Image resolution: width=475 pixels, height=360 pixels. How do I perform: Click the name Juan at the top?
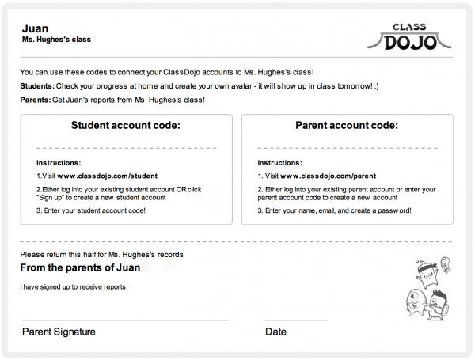(x=36, y=28)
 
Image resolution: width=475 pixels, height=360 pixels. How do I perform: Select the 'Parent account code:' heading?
(x=347, y=125)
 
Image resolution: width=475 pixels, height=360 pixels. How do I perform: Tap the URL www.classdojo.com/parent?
(x=327, y=176)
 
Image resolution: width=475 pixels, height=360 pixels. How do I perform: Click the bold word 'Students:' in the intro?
(x=37, y=85)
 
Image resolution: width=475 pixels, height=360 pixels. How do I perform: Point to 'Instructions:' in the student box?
(x=59, y=163)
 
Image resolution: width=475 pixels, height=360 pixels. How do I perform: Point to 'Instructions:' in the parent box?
(x=279, y=163)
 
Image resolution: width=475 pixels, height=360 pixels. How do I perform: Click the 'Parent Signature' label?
(x=59, y=332)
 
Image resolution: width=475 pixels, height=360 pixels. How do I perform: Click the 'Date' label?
(x=275, y=332)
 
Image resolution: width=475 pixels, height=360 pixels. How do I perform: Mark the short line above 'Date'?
(x=295, y=320)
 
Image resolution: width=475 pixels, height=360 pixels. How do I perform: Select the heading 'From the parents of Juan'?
(x=80, y=267)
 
